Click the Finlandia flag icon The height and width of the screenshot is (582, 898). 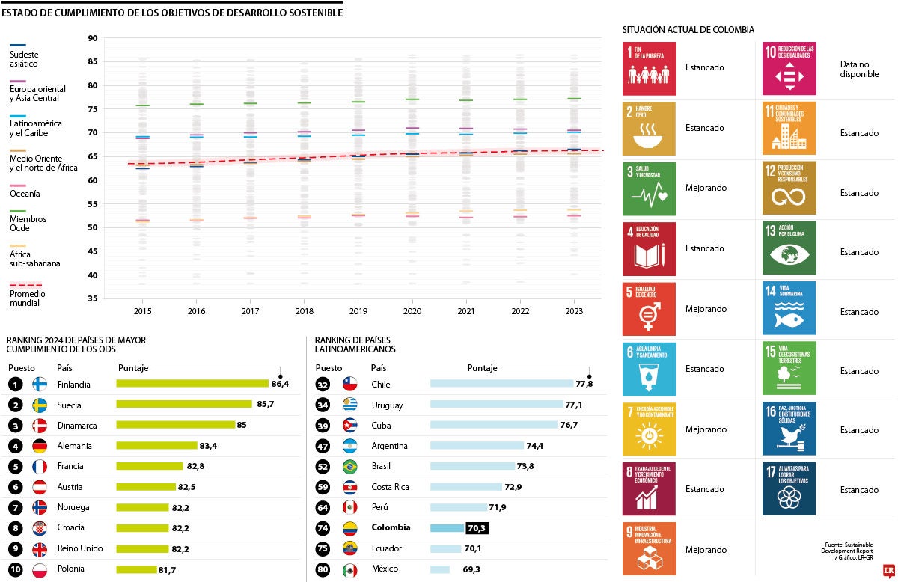coord(40,384)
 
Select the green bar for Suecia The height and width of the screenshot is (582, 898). coord(184,404)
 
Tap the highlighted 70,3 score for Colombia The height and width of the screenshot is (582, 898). coord(477,527)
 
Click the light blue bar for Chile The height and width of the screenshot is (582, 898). coord(501,384)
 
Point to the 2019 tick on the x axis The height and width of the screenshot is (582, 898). coord(358,310)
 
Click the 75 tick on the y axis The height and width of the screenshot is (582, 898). coord(92,109)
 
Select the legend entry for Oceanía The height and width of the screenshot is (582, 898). coord(25,194)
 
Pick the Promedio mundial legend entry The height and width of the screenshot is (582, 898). coord(27,294)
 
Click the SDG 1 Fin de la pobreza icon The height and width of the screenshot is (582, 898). coord(649,68)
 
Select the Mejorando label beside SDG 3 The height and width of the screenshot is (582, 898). coord(706,188)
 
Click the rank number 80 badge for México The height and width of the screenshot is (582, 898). coord(323,569)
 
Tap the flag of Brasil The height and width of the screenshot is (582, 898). coord(349,466)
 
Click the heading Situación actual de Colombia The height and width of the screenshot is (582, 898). coord(688,30)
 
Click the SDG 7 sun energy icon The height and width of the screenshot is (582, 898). coord(649,429)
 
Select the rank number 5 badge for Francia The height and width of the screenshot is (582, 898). coord(16,466)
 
